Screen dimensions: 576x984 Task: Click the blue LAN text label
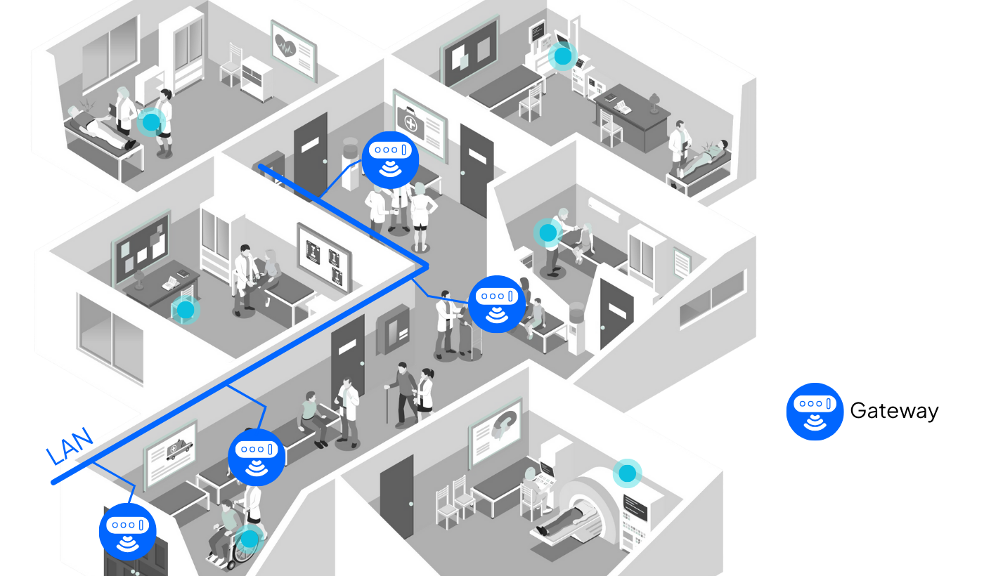pos(69,446)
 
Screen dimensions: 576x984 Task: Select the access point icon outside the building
pos(815,412)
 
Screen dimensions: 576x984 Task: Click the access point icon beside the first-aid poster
pos(391,159)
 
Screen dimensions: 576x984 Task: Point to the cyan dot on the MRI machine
pos(627,473)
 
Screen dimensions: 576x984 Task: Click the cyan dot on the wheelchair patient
pos(250,539)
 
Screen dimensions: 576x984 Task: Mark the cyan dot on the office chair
pos(186,309)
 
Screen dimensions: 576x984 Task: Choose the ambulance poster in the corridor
pos(171,453)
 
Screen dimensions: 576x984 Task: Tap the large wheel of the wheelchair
pos(245,552)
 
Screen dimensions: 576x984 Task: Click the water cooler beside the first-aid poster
pos(349,163)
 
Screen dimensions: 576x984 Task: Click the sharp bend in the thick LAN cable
pos(426,266)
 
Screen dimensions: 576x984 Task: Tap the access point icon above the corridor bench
pos(257,457)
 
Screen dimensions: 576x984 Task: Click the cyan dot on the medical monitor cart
pos(562,55)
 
